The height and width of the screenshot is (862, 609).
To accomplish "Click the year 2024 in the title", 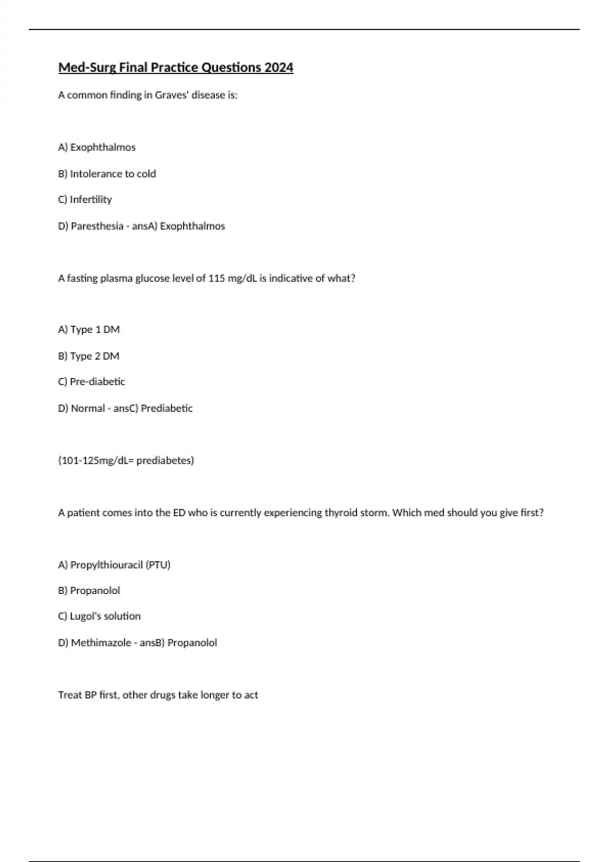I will pos(279,67).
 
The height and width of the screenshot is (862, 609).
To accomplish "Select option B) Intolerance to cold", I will pos(107,174).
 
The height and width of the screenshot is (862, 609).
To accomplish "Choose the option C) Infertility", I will pos(85,200).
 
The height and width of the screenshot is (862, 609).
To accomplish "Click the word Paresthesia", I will pos(97,226).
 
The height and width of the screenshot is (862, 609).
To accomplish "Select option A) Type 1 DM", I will pos(89,330).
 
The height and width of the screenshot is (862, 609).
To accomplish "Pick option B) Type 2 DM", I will pos(89,356).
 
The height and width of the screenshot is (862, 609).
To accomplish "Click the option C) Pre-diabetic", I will pos(91,382).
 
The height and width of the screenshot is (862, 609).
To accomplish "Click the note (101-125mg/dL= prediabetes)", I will pos(126,460).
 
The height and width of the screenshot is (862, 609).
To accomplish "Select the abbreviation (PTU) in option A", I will pos(158,565).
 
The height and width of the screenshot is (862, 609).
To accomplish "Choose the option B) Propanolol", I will pos(89,591).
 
